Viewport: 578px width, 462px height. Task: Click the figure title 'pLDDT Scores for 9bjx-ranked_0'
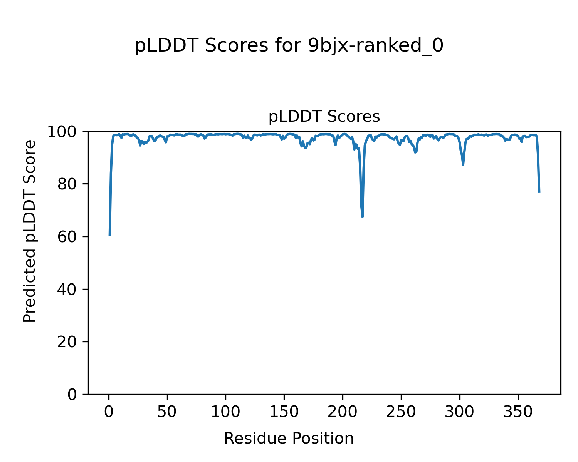click(289, 46)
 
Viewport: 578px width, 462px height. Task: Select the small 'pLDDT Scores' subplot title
click(324, 117)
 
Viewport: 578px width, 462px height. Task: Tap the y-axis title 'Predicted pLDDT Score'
click(30, 231)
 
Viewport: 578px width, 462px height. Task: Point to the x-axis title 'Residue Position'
click(289, 439)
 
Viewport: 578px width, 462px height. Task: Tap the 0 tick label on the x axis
click(109, 412)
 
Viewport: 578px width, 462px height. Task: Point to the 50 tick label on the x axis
click(167, 412)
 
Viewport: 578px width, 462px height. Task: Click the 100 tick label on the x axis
click(226, 412)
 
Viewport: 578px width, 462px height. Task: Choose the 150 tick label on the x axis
click(284, 412)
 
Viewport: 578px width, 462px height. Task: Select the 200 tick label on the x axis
click(343, 412)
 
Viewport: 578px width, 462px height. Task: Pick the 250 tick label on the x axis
click(401, 412)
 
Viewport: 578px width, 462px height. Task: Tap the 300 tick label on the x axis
click(460, 412)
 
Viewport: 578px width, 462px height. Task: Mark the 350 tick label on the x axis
click(518, 412)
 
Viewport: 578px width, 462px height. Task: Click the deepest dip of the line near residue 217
click(363, 216)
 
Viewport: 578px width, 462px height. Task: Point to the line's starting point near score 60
click(110, 235)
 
